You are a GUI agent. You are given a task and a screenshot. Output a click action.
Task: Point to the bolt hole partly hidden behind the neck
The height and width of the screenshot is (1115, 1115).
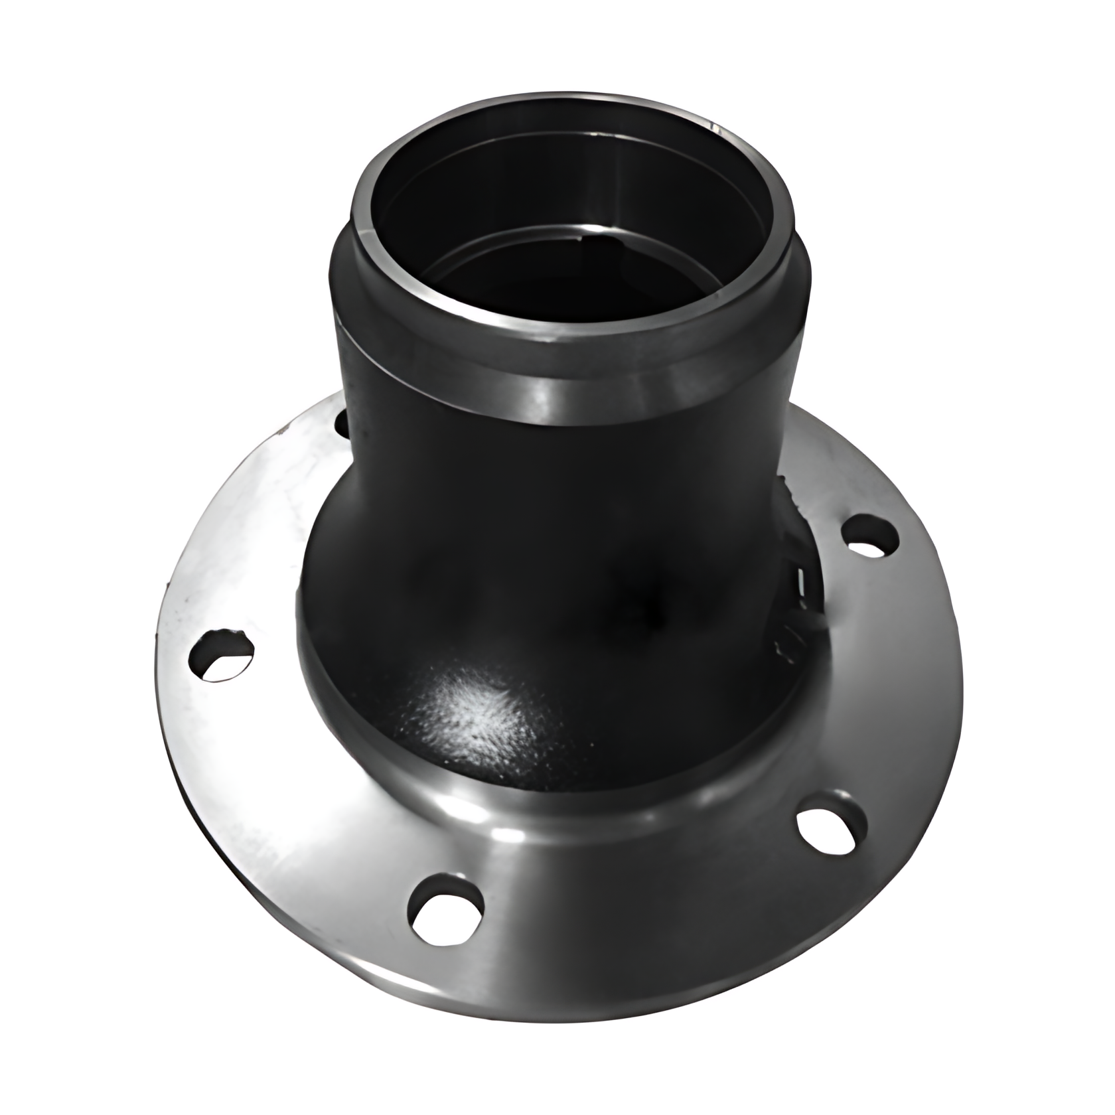342,423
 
